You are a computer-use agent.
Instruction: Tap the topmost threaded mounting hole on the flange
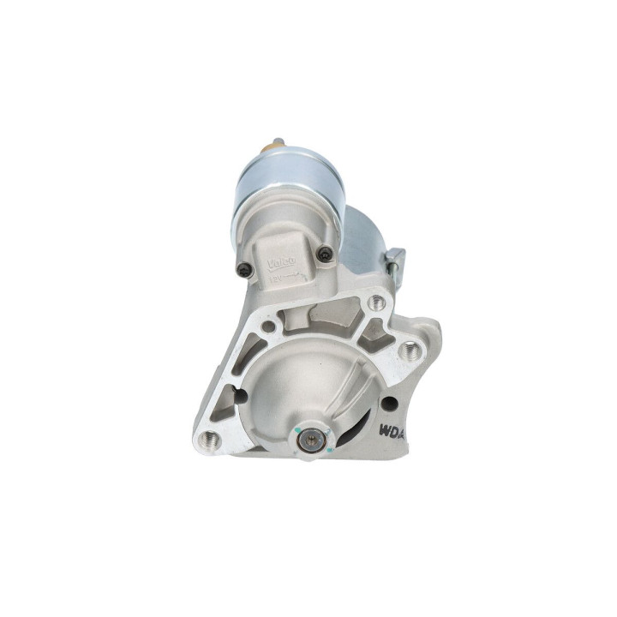coord(374,302)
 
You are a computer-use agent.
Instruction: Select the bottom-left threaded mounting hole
coord(214,440)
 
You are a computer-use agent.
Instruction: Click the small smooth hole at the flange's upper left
coord(268,326)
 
